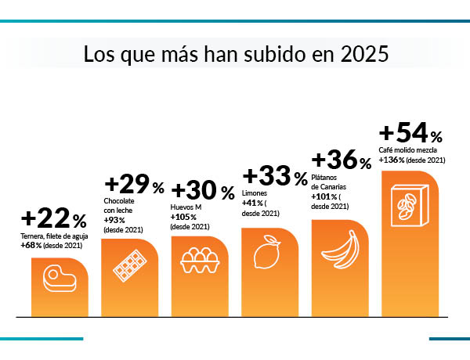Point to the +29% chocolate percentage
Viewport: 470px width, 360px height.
tap(134, 185)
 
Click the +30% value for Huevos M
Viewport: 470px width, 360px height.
tap(202, 191)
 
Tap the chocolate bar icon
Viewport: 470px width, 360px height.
tap(131, 265)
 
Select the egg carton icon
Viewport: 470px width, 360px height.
tap(201, 261)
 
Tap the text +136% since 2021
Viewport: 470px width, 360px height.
tap(412, 160)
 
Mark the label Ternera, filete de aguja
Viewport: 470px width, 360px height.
tap(56, 236)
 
